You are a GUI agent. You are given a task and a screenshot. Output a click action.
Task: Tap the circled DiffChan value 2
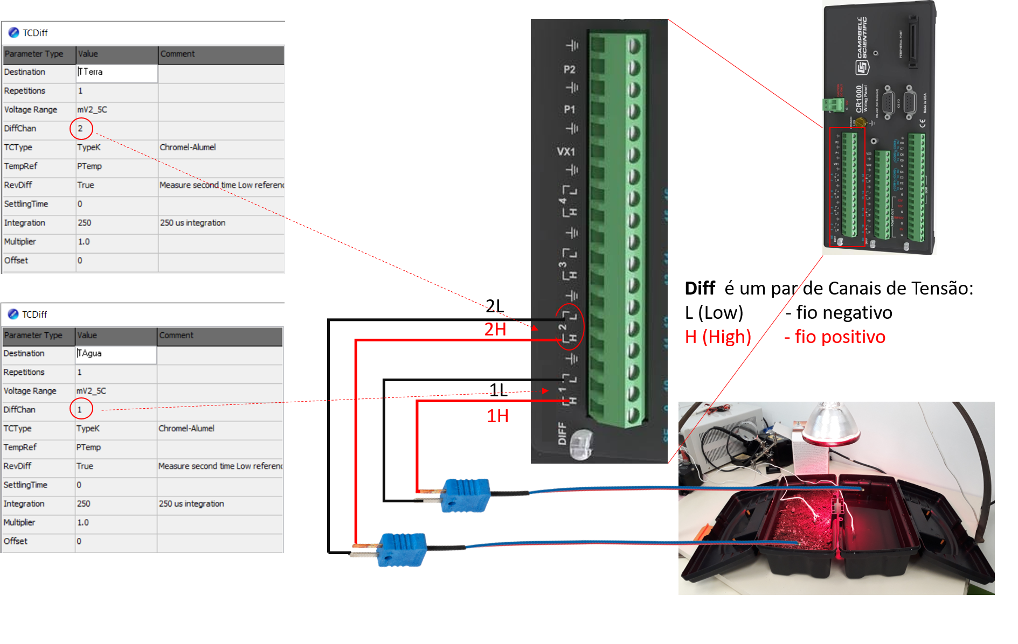tap(81, 128)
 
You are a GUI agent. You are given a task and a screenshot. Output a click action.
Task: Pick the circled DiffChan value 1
tap(80, 410)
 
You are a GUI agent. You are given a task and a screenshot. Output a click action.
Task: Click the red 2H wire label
tap(495, 329)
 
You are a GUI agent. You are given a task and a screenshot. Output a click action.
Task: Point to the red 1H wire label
tap(497, 416)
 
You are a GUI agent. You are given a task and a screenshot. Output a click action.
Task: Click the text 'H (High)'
tap(718, 337)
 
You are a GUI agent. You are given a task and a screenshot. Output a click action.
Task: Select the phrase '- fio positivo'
tap(834, 337)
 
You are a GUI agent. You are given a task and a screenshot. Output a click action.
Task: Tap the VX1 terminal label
tap(566, 152)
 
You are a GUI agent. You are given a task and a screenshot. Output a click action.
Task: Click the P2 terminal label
tap(569, 69)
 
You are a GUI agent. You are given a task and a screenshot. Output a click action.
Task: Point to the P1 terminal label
tap(569, 110)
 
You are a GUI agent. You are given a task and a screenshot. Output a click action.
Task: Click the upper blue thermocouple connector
tap(466, 495)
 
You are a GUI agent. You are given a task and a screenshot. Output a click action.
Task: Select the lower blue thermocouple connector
tap(402, 549)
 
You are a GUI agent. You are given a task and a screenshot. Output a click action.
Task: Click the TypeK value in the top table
tap(89, 148)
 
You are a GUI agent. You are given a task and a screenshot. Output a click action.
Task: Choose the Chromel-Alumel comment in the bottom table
tap(186, 429)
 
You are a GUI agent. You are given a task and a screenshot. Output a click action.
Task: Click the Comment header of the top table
tap(178, 54)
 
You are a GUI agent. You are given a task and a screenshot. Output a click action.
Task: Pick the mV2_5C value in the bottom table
tap(91, 391)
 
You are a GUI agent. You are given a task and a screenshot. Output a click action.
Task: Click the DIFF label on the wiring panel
tap(562, 433)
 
